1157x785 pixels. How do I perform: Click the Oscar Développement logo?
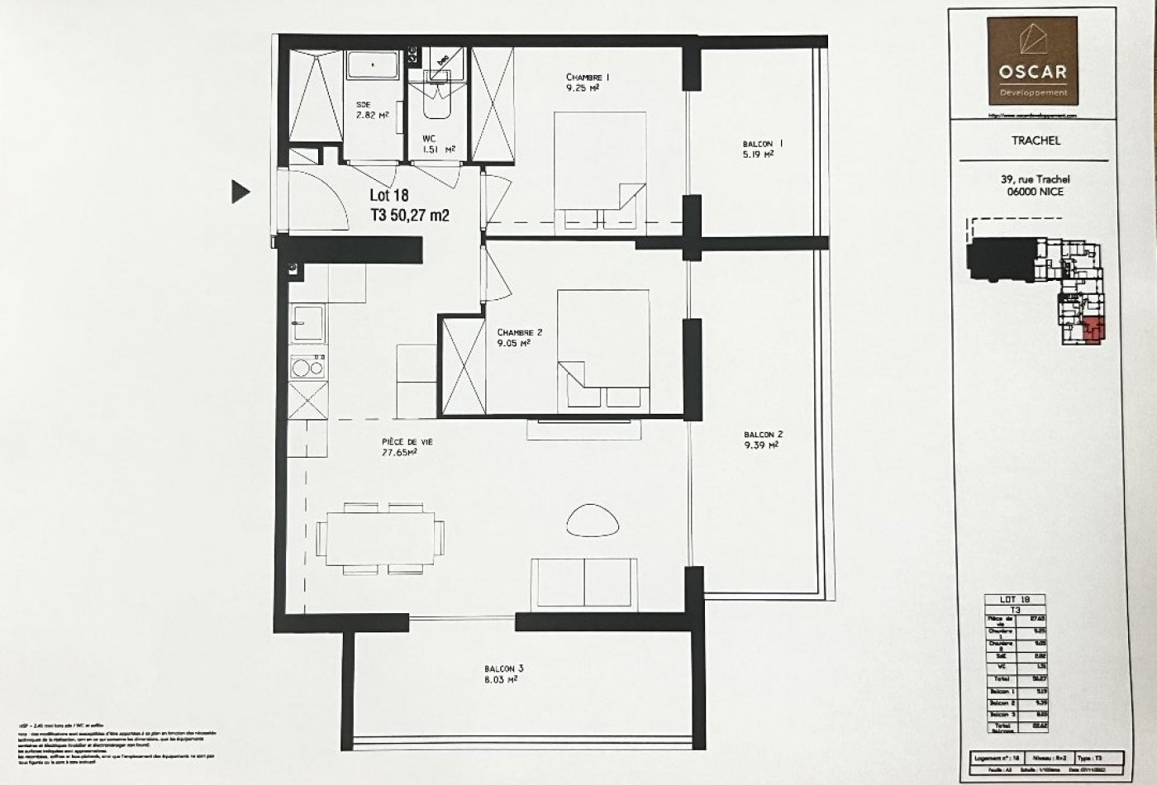click(1032, 62)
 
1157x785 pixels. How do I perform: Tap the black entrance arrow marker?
click(240, 192)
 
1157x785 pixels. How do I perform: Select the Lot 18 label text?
click(388, 197)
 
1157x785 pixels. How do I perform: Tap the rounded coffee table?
click(592, 520)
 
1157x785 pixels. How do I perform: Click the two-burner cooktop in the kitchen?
click(307, 367)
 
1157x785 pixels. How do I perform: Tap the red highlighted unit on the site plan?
click(1093, 330)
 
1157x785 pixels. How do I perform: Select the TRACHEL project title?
click(1036, 140)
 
